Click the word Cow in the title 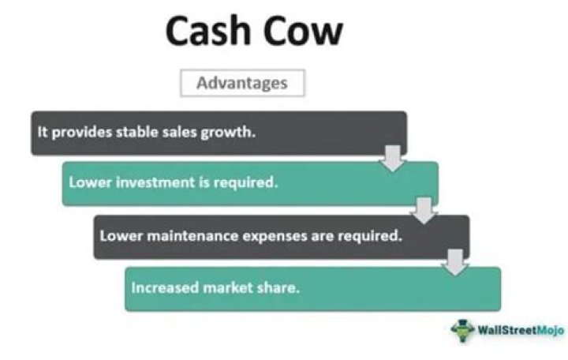308,32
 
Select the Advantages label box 242,82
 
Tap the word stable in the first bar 139,132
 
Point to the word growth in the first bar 231,133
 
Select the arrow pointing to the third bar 424,209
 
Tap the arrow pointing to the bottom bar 454,262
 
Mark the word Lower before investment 87,184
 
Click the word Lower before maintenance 118,236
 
